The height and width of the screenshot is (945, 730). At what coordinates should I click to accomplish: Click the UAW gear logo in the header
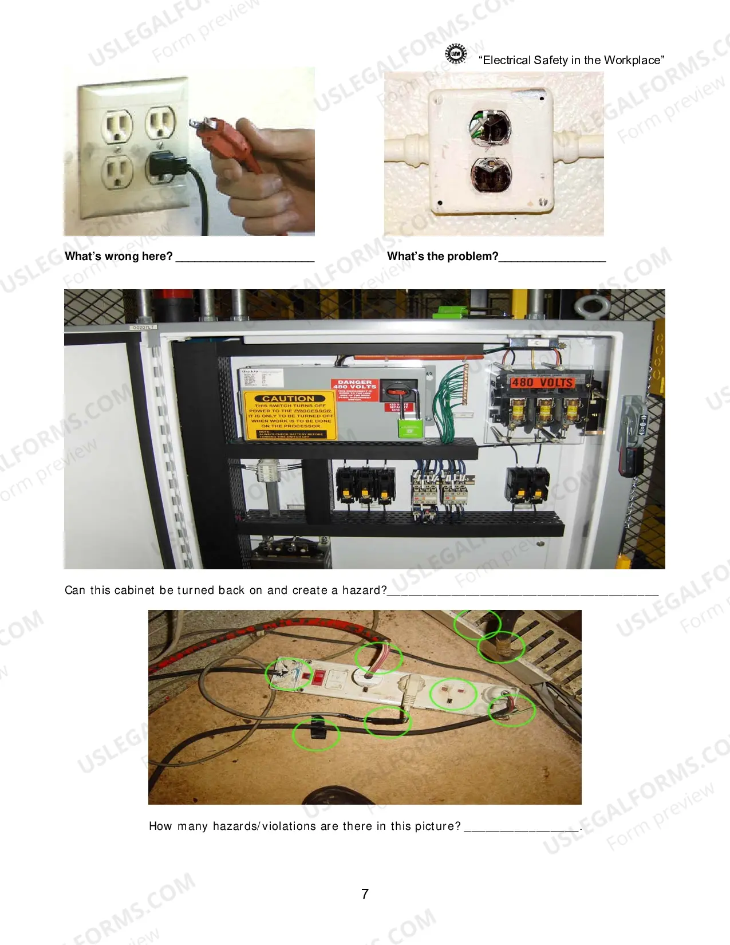click(456, 54)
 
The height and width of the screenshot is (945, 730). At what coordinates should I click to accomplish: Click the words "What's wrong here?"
click(119, 256)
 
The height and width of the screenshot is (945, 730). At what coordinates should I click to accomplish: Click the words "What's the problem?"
click(443, 256)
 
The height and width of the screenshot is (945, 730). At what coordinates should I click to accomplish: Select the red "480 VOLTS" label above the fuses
click(542, 382)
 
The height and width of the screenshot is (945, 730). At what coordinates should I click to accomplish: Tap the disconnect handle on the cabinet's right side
click(630, 435)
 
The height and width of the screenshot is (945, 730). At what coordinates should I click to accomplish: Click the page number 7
click(365, 894)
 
